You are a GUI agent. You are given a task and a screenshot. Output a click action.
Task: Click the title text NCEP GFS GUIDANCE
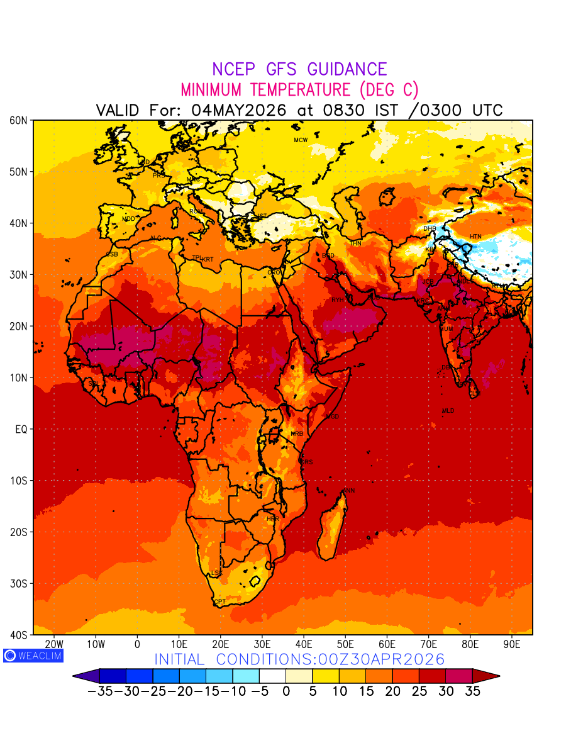pos(299,69)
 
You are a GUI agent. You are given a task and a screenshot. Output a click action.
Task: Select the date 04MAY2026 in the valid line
pos(239,110)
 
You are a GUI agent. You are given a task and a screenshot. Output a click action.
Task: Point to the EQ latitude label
pos(21,429)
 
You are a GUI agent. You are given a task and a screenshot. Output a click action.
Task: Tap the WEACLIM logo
pos(33,656)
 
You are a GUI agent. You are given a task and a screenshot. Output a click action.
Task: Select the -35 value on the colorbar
pos(100,691)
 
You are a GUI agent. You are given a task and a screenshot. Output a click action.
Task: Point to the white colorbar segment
pos(272,676)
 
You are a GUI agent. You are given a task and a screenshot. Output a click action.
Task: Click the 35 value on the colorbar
pos(472,691)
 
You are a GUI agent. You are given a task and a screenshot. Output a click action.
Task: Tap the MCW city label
pos(301,140)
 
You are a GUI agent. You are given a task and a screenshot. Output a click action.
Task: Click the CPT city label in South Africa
pos(219,602)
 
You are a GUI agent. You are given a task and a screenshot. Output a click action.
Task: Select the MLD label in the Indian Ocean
pos(448,411)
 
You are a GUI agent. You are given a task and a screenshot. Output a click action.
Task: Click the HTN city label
pos(475,237)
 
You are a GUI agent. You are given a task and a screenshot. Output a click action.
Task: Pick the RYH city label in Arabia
pos(338,300)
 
